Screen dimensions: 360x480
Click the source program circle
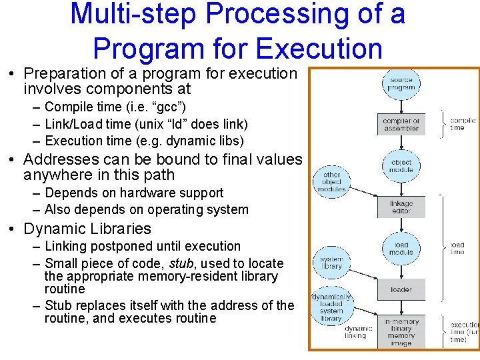pyautogui.click(x=401, y=83)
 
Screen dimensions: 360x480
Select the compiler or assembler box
pyautogui.click(x=401, y=125)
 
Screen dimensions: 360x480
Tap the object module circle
pyautogui.click(x=401, y=166)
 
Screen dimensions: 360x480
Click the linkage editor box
pyautogui.click(x=401, y=207)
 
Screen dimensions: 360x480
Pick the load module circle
pyautogui.click(x=401, y=249)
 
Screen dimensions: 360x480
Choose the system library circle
pyautogui.click(x=331, y=263)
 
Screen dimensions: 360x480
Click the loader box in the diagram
pyautogui.click(x=401, y=290)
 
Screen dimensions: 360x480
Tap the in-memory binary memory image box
pyautogui.click(x=401, y=332)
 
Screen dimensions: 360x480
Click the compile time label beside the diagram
pyautogui.click(x=462, y=124)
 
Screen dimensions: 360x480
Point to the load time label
pyautogui.click(x=457, y=249)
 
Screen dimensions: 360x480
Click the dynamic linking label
pyautogui.click(x=359, y=332)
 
